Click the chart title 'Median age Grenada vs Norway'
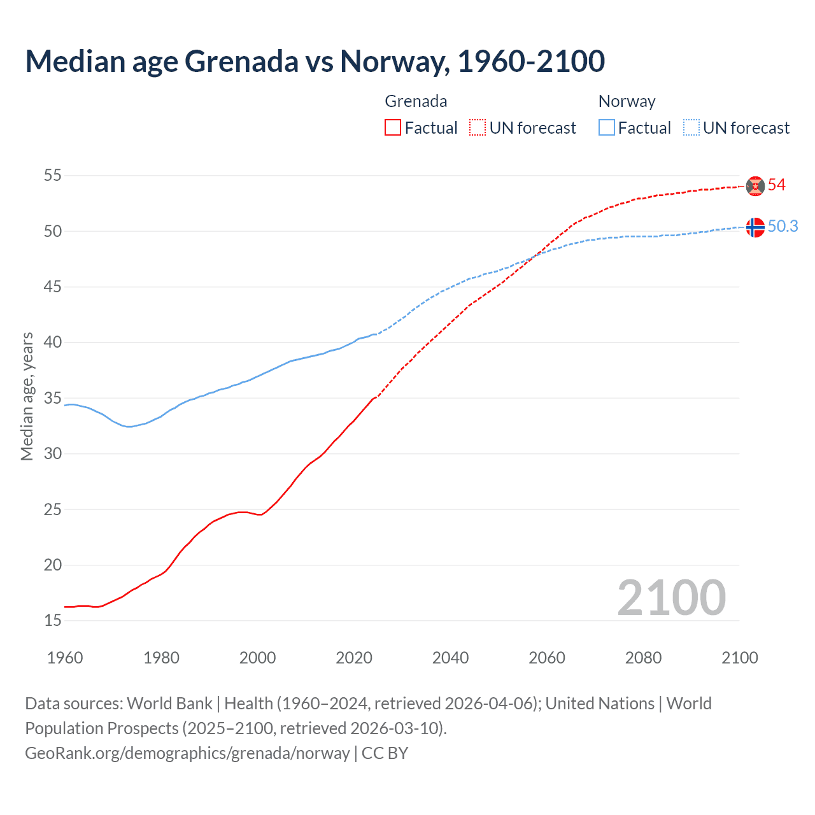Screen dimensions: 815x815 tap(315, 62)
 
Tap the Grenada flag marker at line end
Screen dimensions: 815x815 tap(755, 185)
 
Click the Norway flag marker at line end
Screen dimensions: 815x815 tap(755, 227)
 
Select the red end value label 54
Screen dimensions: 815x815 tap(776, 185)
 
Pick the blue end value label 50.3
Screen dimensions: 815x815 tap(783, 227)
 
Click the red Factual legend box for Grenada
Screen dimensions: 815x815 tap(393, 128)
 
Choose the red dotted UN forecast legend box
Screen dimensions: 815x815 tap(478, 128)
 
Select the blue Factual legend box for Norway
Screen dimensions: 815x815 tap(607, 128)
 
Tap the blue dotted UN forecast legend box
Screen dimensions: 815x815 tap(691, 128)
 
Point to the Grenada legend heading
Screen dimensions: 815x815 tap(416, 101)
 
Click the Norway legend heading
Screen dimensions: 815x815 tap(627, 101)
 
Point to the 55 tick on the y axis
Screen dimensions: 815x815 tap(53, 175)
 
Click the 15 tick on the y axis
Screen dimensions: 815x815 tap(53, 620)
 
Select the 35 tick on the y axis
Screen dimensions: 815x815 tap(53, 398)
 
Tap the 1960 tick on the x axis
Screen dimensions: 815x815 tap(65, 658)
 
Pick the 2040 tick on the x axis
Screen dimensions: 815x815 tap(450, 658)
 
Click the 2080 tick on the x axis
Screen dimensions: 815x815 tap(643, 658)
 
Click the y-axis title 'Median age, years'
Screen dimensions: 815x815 tap(27, 396)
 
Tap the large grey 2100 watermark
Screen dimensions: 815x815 tap(671, 598)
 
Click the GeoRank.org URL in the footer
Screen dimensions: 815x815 tap(187, 753)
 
